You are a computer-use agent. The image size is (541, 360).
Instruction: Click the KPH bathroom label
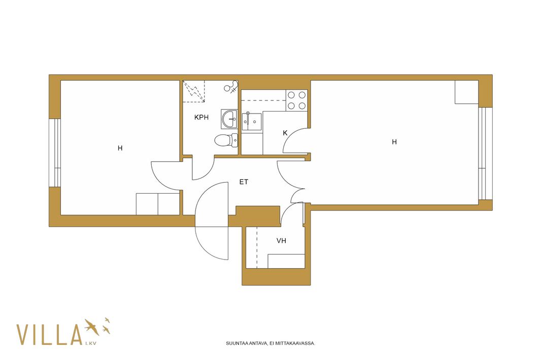click(201, 117)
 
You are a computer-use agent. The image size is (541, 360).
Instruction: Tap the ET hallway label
click(244, 182)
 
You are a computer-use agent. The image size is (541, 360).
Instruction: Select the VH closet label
click(281, 241)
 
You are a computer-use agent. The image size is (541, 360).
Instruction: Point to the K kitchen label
click(285, 133)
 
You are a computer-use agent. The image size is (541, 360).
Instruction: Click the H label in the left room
click(120, 148)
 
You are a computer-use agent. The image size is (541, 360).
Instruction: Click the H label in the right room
click(394, 142)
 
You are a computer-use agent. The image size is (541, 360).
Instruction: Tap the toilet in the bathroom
click(226, 140)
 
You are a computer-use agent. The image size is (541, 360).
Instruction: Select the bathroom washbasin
click(229, 119)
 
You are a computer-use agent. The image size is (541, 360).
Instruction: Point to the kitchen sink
click(252, 121)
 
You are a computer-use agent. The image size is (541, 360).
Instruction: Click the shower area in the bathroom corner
click(194, 91)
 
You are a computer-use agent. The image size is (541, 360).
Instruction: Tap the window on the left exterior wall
click(54, 153)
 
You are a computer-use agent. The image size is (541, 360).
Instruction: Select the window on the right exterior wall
click(485, 154)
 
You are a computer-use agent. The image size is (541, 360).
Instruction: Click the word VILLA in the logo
click(49, 335)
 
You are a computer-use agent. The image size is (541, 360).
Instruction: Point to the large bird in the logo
click(92, 327)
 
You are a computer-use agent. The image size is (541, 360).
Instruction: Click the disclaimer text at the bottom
click(270, 343)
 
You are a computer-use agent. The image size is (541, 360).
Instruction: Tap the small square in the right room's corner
click(466, 92)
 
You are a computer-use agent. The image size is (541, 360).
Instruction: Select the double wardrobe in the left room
click(158, 204)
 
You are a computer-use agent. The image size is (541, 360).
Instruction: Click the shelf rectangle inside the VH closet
click(286, 261)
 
